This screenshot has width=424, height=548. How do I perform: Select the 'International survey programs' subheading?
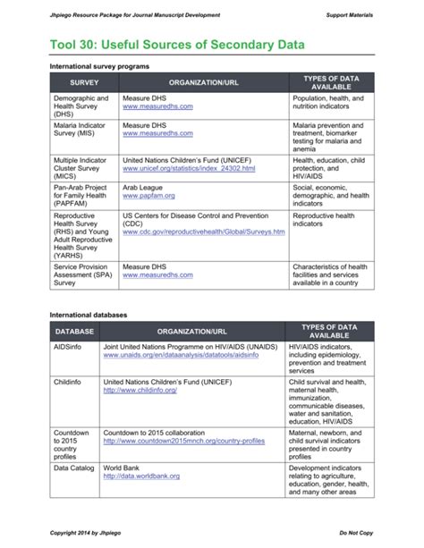[x=99, y=66]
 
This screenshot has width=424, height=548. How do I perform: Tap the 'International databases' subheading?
[x=89, y=315]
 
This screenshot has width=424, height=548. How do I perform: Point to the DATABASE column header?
[x=74, y=333]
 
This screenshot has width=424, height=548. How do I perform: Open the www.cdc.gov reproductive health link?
[x=203, y=232]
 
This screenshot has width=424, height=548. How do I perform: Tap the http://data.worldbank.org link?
[x=141, y=476]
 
